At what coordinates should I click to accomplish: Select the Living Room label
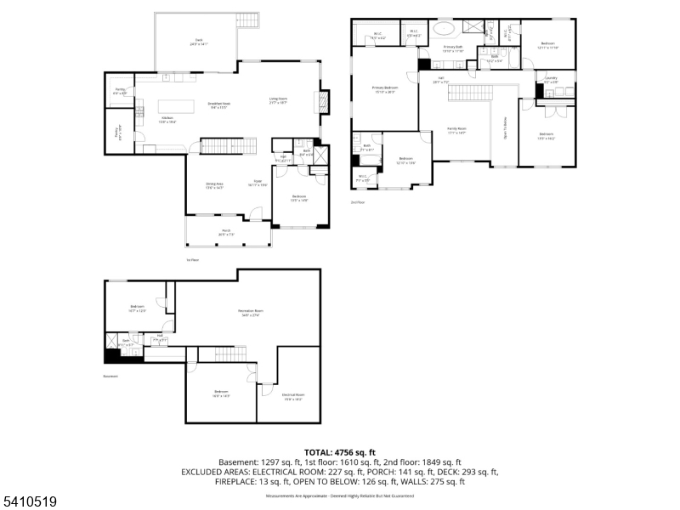(279, 100)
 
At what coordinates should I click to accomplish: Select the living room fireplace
(321, 102)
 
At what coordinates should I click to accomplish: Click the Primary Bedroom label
(385, 88)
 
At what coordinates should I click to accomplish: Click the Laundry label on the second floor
(551, 80)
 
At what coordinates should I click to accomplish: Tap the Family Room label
(457, 131)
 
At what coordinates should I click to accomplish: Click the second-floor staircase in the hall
(465, 93)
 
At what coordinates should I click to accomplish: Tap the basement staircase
(230, 354)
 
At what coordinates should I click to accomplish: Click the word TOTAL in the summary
(321, 452)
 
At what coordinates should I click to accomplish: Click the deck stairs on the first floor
(246, 22)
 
